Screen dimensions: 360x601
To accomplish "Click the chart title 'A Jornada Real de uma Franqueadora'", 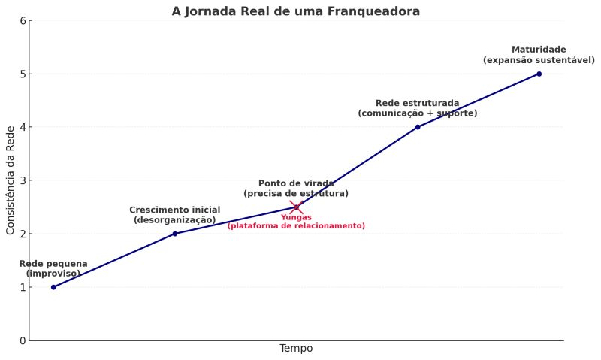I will coord(295,11).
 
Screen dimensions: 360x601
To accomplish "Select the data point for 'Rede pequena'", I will coord(53,287).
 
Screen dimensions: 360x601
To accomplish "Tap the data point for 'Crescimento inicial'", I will coord(175,234).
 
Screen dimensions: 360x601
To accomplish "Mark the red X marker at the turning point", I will coord(296,207).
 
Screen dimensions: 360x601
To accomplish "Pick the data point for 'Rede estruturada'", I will coord(418,127).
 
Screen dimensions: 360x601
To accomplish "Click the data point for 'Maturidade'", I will coord(539,74).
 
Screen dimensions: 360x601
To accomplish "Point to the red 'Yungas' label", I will coord(296,217).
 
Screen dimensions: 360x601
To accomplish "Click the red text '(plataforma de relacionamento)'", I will coord(296,226).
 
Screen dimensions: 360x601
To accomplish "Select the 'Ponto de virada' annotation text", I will coord(296,183).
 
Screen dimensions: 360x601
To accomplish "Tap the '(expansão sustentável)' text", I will coord(539,60).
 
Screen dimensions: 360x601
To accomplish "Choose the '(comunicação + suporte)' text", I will coord(418,113).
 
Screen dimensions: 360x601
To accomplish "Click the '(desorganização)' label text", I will coord(175,220).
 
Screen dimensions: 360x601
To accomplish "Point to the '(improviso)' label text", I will coord(53,274).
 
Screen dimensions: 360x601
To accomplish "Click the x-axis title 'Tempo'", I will coord(296,349).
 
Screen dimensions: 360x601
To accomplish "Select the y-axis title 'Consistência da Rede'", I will coord(11,180).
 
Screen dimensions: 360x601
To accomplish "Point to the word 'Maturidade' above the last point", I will coord(539,50).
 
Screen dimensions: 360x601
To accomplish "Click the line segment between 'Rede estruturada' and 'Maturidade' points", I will coord(479,100).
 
